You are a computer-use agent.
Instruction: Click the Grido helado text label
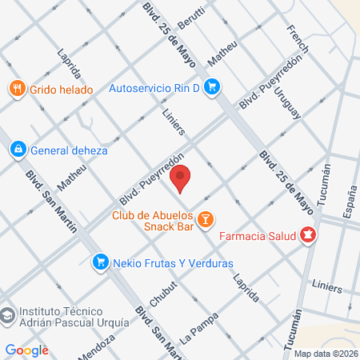[x=62, y=90]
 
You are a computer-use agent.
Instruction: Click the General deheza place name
[x=68, y=150]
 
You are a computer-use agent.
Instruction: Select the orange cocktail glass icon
[x=205, y=218]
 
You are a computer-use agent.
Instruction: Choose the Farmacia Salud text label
[x=257, y=236]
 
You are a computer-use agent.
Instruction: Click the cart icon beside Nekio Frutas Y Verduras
[x=100, y=260]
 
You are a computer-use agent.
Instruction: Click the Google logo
[x=27, y=350]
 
